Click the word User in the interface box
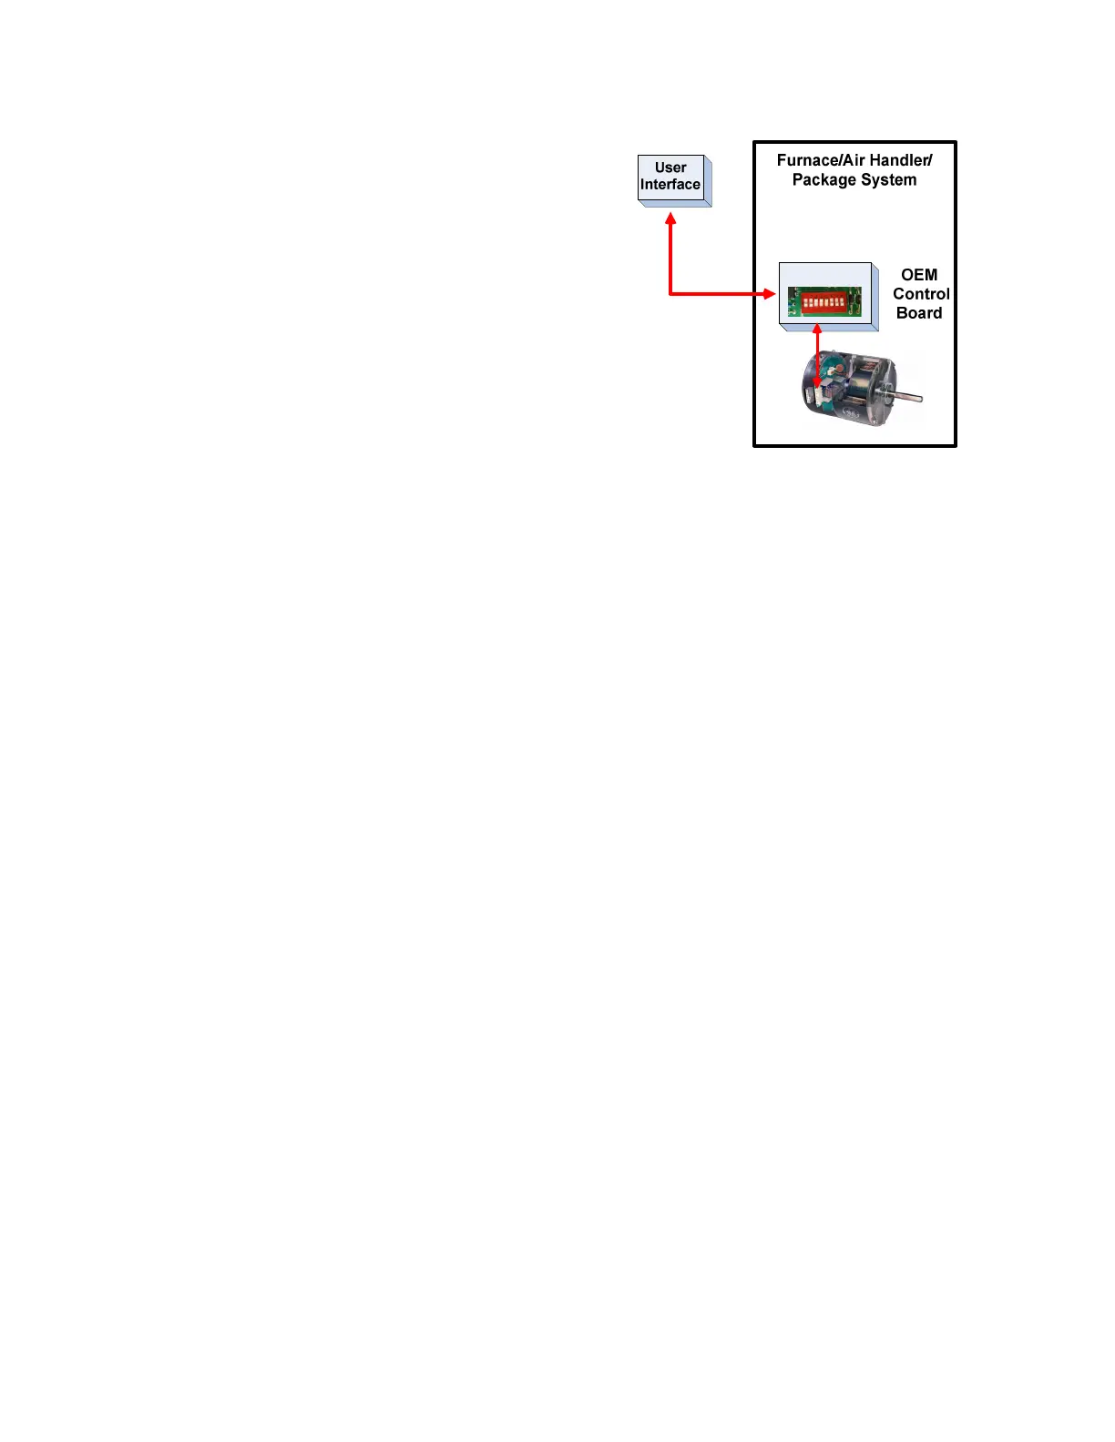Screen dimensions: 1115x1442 [670, 168]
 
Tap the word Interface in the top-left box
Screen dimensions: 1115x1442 [670, 185]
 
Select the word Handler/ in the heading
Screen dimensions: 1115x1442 [900, 160]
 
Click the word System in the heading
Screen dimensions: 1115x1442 [888, 180]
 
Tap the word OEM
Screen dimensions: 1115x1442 [918, 275]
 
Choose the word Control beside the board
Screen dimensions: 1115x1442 [920, 294]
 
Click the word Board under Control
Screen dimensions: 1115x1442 [918, 313]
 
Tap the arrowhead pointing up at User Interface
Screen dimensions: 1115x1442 [670, 219]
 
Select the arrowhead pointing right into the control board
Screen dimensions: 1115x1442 [770, 294]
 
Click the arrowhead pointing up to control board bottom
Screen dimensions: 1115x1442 [817, 330]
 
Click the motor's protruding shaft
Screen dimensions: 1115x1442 [909, 397]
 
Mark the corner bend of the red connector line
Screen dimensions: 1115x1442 [670, 294]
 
